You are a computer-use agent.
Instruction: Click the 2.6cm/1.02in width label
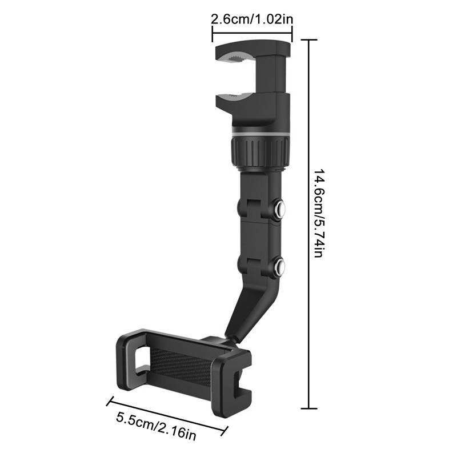(x=252, y=19)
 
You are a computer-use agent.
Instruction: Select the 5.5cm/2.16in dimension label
(x=156, y=426)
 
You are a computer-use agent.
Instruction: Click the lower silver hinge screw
(x=280, y=264)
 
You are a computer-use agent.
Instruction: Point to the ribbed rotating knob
(x=258, y=151)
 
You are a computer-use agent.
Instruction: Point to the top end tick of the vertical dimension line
(x=308, y=40)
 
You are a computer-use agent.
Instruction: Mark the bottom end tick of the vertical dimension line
(x=308, y=408)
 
